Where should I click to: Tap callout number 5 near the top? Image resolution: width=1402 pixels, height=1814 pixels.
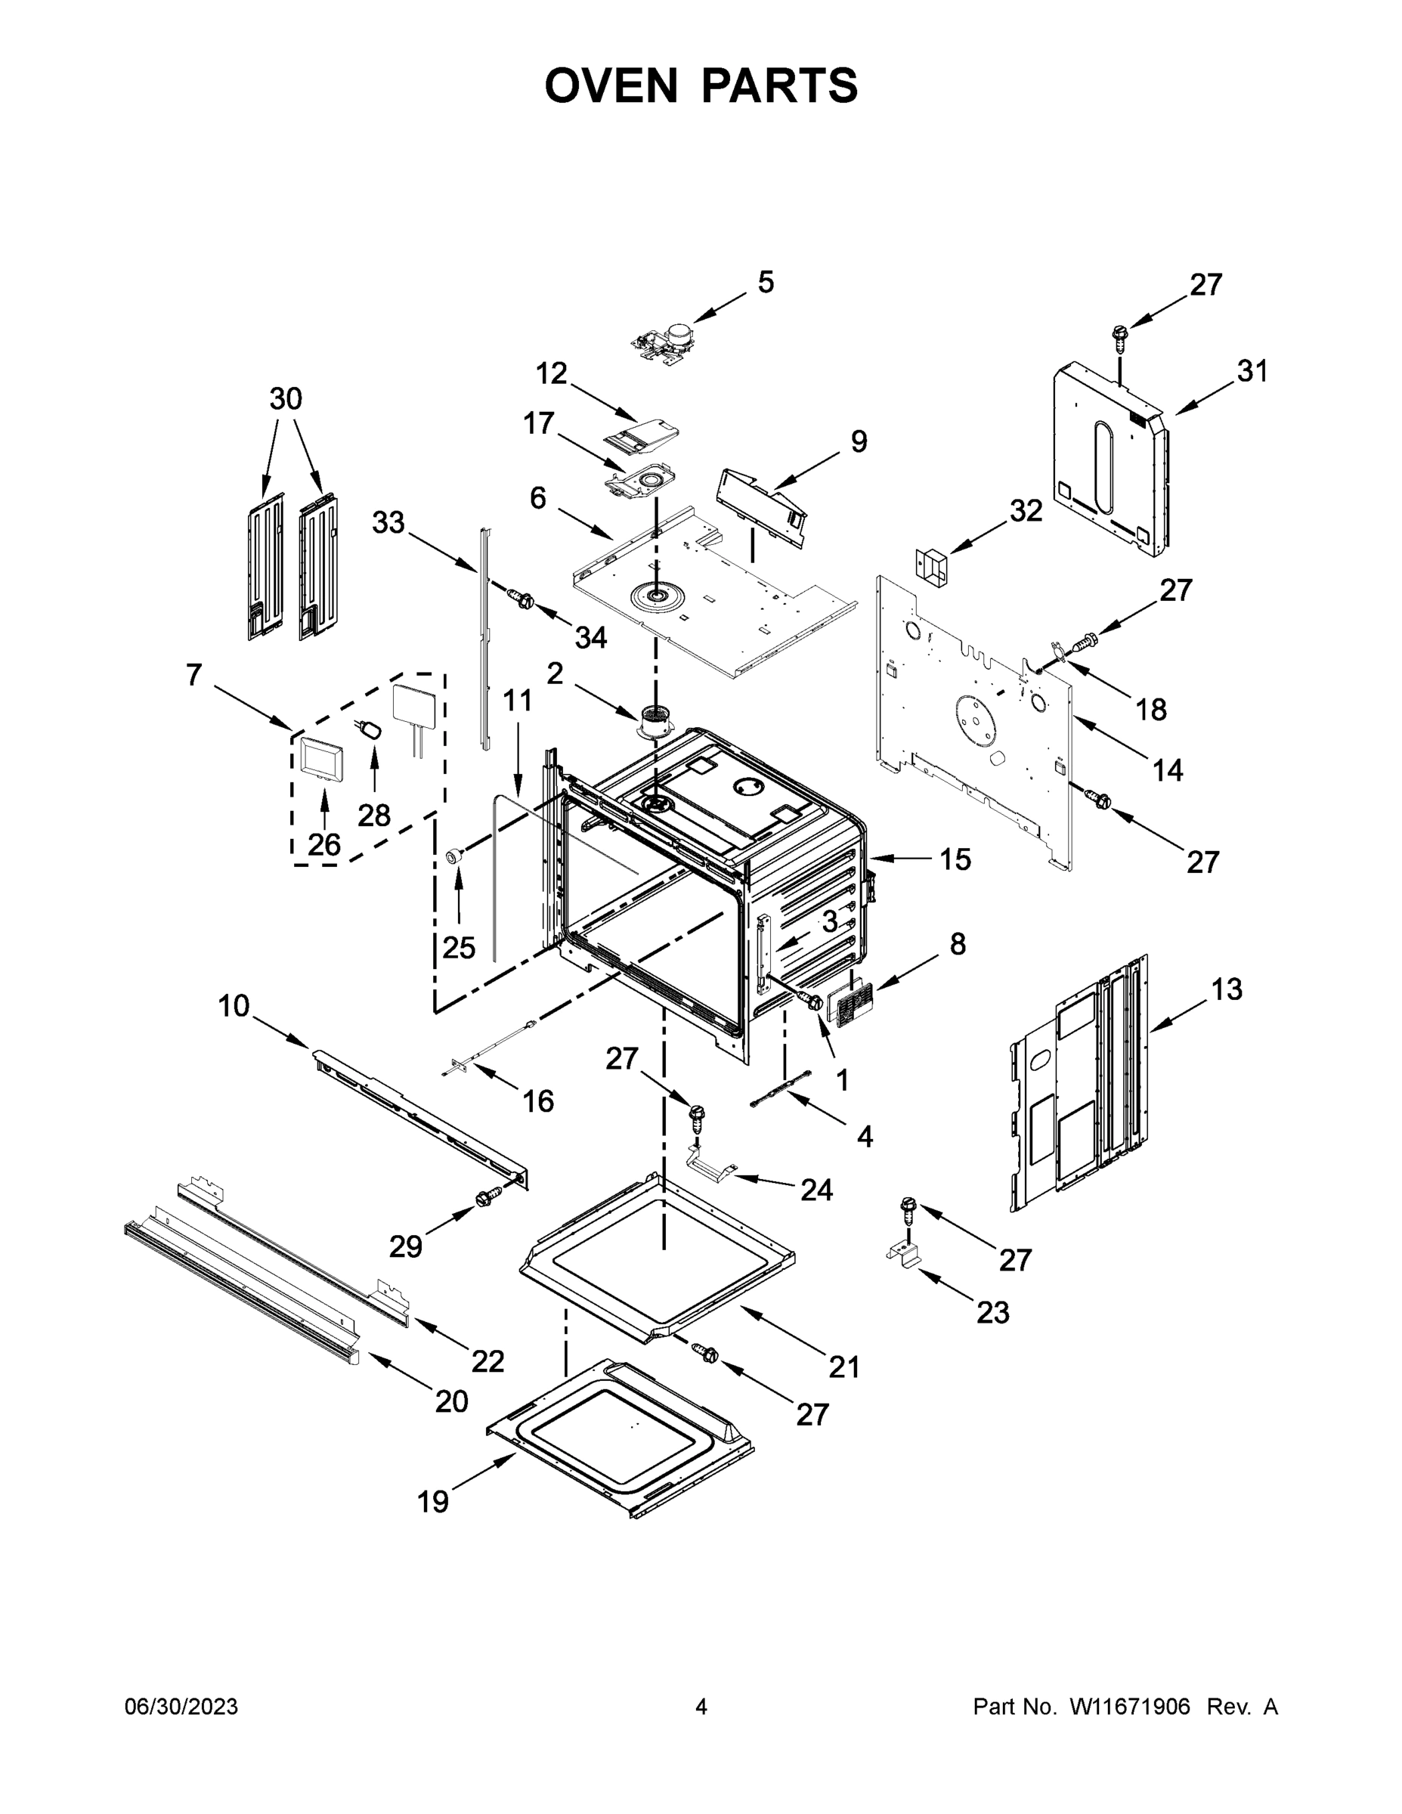point(765,283)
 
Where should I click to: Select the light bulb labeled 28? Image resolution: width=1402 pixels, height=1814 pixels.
point(370,730)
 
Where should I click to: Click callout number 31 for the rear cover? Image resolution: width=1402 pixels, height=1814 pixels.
point(1252,371)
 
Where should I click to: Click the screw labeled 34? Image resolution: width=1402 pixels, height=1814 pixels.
point(521,598)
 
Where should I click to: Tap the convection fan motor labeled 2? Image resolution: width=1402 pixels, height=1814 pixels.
point(655,721)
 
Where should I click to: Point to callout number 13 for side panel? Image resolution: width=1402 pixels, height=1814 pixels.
point(1226,989)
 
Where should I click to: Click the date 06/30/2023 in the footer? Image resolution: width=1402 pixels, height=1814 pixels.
point(181,1707)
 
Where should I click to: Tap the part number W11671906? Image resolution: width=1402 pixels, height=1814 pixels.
point(1130,1707)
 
